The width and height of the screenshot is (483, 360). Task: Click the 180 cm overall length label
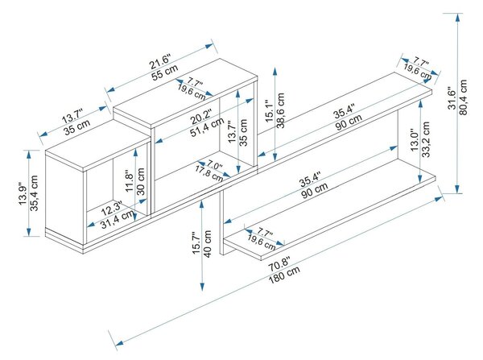[284, 275]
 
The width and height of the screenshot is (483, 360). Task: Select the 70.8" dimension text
[279, 263]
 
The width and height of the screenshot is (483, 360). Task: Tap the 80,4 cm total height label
[463, 97]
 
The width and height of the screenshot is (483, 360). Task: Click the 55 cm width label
[165, 72]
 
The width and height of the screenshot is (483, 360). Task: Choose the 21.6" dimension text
[160, 61]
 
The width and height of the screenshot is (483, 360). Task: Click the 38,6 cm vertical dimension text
[280, 110]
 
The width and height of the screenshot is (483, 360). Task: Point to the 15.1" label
[269, 111]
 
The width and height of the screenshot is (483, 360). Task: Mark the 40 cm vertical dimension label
[208, 244]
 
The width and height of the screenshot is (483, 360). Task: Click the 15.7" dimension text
[196, 243]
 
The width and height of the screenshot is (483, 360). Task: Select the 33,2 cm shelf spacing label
[426, 139]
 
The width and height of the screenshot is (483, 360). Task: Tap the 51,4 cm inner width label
[207, 127]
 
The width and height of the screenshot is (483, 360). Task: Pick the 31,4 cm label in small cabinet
[118, 219]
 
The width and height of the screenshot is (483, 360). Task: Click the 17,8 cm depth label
[208, 173]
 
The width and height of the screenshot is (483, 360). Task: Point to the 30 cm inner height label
[140, 181]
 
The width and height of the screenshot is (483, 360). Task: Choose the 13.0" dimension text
[415, 139]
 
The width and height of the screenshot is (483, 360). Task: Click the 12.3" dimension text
[112, 208]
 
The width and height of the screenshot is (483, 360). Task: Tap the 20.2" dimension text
[201, 116]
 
